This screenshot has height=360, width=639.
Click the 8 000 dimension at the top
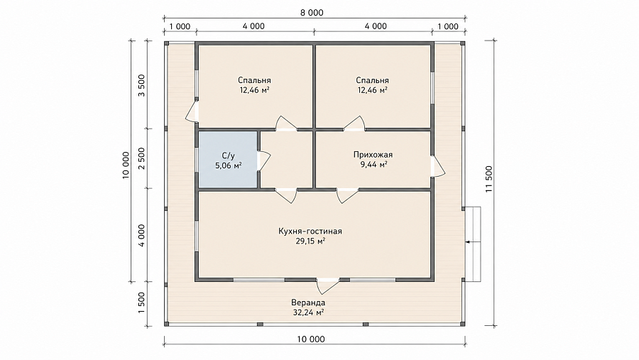312,13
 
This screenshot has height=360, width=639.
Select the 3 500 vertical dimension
141,85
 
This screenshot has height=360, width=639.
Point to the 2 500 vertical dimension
141,158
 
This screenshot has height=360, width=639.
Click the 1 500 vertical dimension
141,303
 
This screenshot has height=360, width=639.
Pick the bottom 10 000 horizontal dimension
311,339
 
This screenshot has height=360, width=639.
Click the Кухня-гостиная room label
310,231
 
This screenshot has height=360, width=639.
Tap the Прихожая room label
373,155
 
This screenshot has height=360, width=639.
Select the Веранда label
308,302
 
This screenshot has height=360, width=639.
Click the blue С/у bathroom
228,160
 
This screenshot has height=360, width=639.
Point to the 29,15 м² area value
310,241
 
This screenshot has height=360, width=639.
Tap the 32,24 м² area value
308,312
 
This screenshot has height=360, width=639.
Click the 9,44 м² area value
373,165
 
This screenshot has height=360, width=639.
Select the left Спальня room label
254,80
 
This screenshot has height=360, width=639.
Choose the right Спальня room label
372,80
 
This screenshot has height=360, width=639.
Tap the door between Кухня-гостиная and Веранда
328,285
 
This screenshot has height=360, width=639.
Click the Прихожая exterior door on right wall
438,166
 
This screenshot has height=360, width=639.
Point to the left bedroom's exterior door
192,111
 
